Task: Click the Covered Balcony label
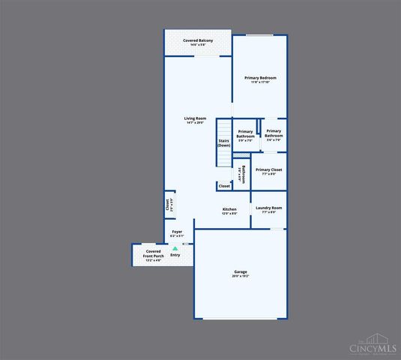click(x=198, y=40)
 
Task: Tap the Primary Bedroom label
click(x=261, y=78)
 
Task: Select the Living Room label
click(x=196, y=118)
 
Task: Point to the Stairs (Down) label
click(x=223, y=142)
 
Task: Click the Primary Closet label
click(x=268, y=169)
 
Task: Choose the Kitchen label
click(x=229, y=209)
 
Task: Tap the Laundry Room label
click(x=268, y=208)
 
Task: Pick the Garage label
click(x=241, y=271)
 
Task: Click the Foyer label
click(x=177, y=232)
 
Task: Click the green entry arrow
click(x=175, y=247)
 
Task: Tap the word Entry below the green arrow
click(x=175, y=255)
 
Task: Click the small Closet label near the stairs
click(x=224, y=185)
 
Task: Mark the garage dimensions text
click(x=241, y=276)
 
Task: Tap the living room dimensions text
click(x=196, y=123)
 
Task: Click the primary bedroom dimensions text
click(x=261, y=82)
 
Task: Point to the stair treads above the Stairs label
click(x=223, y=127)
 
